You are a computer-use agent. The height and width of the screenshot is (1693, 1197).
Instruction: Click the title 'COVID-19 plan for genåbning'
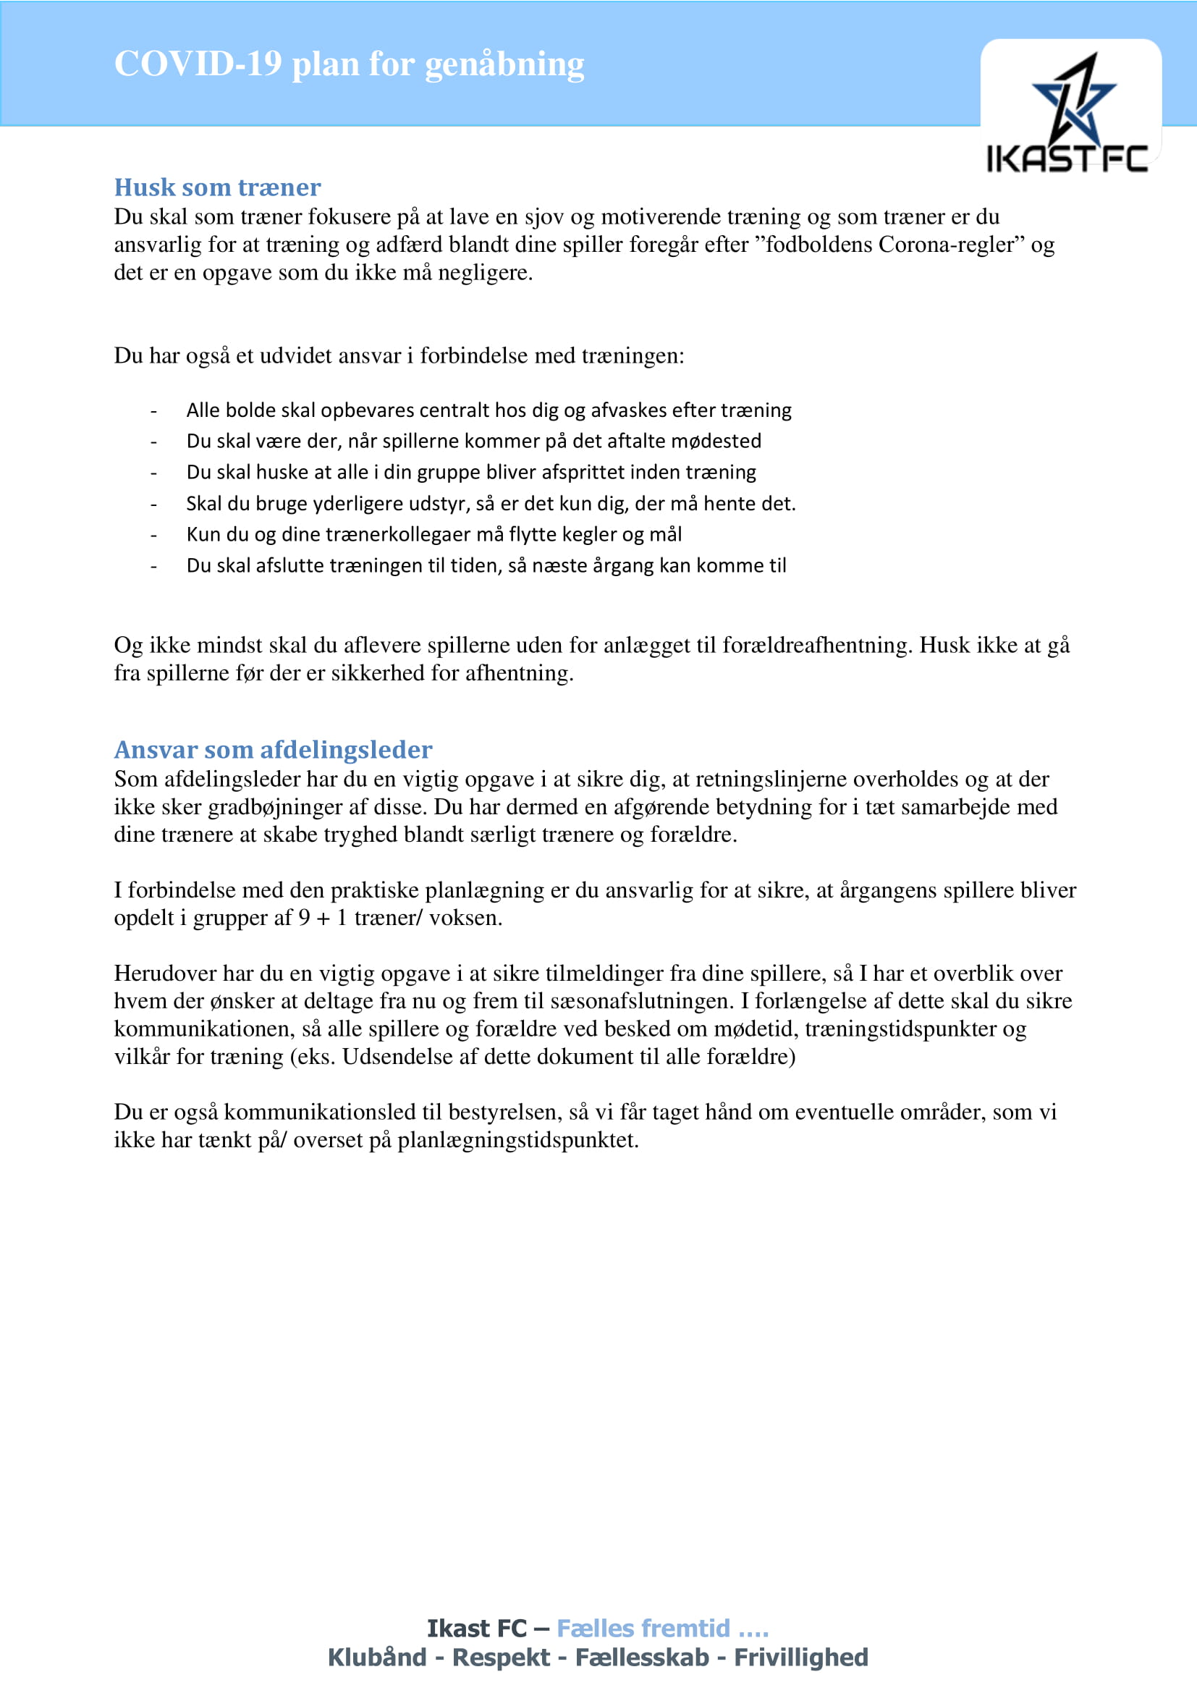(349, 64)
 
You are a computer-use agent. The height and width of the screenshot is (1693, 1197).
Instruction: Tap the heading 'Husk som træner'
(217, 187)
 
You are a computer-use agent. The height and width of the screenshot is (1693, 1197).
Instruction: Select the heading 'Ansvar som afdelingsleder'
(273, 749)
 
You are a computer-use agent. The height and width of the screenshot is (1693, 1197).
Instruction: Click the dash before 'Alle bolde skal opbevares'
(153, 410)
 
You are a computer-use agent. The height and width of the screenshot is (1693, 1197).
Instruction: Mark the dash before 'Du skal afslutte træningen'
(153, 566)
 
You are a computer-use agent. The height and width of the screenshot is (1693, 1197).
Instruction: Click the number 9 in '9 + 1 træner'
(304, 918)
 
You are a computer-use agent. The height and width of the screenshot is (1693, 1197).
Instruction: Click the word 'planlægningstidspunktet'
(517, 1140)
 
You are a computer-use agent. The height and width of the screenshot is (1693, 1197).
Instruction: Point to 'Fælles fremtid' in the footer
(643, 1628)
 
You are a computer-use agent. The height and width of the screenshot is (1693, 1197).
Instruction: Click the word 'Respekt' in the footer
(501, 1658)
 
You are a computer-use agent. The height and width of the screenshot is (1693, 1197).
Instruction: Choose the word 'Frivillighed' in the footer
(800, 1658)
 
